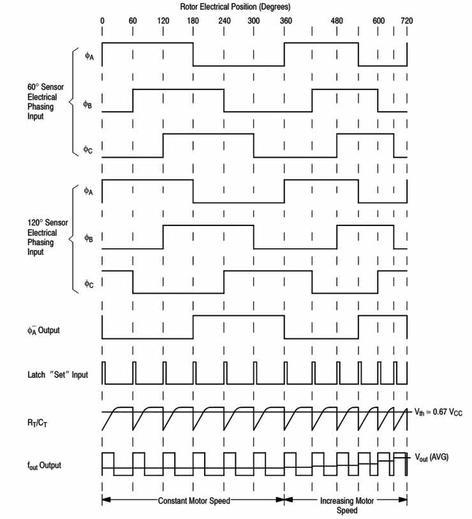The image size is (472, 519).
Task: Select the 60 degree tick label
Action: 133,20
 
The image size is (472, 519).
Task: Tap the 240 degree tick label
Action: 224,20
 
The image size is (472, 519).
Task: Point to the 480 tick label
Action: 337,20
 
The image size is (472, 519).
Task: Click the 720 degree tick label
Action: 406,20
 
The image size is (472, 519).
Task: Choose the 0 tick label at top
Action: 102,20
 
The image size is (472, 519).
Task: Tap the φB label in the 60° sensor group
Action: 88,104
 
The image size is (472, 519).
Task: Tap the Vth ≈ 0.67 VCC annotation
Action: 438,412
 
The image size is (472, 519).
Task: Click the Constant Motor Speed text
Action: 194,500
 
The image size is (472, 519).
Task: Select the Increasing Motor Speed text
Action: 346,505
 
